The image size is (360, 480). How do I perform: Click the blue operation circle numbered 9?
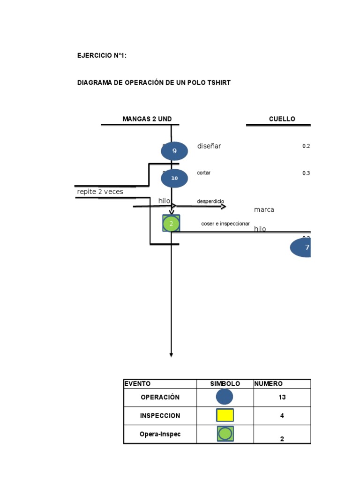pyautogui.click(x=174, y=151)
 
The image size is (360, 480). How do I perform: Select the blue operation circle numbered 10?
pyautogui.click(x=174, y=178)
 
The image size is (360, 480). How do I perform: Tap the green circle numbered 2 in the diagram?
pyautogui.click(x=171, y=224)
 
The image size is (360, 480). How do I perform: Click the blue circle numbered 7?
pyautogui.click(x=301, y=247)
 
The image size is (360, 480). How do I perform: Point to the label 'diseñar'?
pyautogui.click(x=209, y=146)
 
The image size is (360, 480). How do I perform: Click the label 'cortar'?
pyautogui.click(x=203, y=172)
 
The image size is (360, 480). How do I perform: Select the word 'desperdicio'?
pyautogui.click(x=210, y=201)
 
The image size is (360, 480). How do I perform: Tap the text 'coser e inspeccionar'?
pyautogui.click(x=225, y=224)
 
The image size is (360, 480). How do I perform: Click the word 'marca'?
pyautogui.click(x=264, y=210)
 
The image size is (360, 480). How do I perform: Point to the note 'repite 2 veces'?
pyautogui.click(x=100, y=191)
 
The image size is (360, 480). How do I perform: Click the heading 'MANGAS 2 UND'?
pyautogui.click(x=147, y=119)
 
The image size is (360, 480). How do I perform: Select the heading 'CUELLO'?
pyautogui.click(x=282, y=119)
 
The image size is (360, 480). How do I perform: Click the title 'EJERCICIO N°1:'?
pyautogui.click(x=102, y=55)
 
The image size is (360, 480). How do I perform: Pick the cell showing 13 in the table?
pyautogui.click(x=282, y=397)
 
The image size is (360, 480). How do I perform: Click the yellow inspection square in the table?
pyautogui.click(x=225, y=415)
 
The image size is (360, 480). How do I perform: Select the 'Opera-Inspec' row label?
pyautogui.click(x=160, y=434)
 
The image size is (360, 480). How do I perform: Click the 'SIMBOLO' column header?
pyautogui.click(x=225, y=383)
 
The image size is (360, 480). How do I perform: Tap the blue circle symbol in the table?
pyautogui.click(x=225, y=397)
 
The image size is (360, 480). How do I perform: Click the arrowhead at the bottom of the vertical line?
pyautogui.click(x=171, y=354)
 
